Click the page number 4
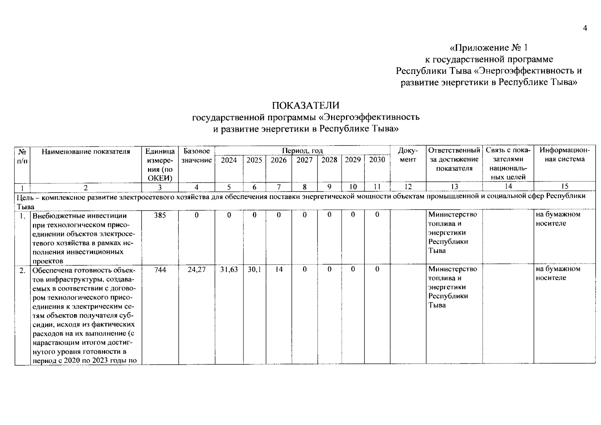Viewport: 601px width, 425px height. pyautogui.click(x=585, y=28)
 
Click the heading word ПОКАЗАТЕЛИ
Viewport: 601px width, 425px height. pyautogui.click(x=305, y=106)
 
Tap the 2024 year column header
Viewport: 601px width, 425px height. pyautogui.click(x=229, y=160)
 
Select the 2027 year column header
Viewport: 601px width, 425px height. pyautogui.click(x=304, y=160)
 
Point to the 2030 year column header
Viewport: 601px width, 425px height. pyautogui.click(x=377, y=160)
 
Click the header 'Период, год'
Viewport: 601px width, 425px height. pyautogui.click(x=302, y=151)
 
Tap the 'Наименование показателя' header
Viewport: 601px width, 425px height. pyautogui.click(x=86, y=152)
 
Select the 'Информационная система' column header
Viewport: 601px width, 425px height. pyautogui.click(x=565, y=155)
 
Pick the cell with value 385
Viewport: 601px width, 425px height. pyautogui.click(x=160, y=215)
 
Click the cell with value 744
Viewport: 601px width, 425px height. pyautogui.click(x=160, y=270)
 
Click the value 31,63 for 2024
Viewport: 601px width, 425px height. pyautogui.click(x=229, y=270)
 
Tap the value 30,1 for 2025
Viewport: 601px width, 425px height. pyautogui.click(x=254, y=270)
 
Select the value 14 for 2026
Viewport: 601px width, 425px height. pyautogui.click(x=279, y=270)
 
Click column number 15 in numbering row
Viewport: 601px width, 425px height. pyautogui.click(x=565, y=187)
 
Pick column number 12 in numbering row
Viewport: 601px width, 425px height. pyautogui.click(x=408, y=187)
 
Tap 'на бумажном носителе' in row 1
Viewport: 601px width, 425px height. pyautogui.click(x=558, y=219)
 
